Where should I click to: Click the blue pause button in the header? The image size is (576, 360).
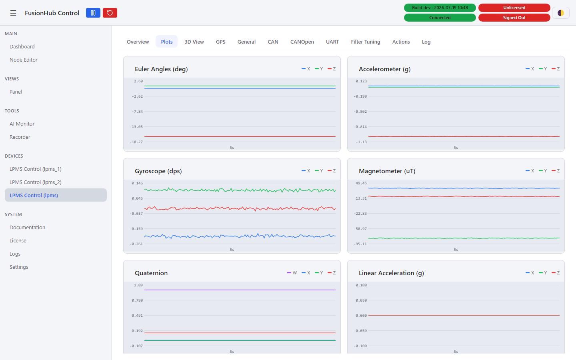93,13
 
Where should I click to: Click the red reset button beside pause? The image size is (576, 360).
110,13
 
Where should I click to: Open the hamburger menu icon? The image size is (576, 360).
13,13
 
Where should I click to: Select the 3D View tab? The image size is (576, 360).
194,42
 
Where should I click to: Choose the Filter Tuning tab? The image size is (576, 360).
366,42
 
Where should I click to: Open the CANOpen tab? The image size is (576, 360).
302,42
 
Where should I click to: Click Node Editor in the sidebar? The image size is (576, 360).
23,60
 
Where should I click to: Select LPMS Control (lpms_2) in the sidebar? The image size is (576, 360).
36,182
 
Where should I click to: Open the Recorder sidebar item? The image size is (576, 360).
20,137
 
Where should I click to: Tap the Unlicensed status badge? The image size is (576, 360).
514,8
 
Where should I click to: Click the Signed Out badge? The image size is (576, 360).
514,18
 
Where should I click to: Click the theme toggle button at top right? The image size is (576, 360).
560,13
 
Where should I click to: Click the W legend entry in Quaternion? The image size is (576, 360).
292,273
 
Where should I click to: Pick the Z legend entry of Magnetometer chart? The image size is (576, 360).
556,171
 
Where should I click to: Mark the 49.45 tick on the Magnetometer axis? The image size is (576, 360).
361,183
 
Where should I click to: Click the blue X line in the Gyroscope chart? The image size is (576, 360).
240,236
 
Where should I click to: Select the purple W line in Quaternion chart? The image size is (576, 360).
240,290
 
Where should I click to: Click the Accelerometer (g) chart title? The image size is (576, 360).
384,69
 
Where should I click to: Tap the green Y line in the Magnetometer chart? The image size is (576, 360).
464,238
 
